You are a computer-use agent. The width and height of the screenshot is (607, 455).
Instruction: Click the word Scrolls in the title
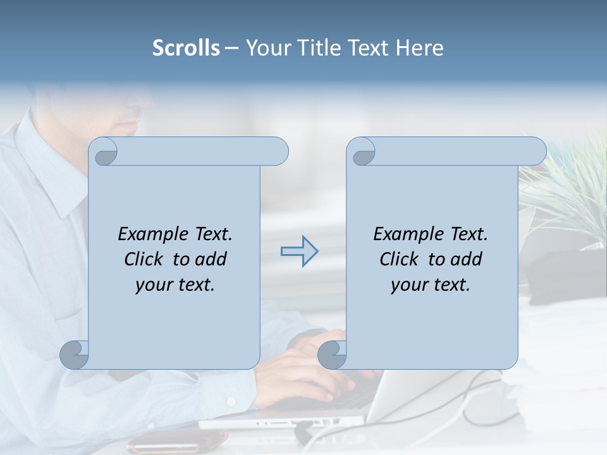tap(186, 48)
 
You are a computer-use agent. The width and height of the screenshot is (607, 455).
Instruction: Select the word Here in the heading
tap(419, 48)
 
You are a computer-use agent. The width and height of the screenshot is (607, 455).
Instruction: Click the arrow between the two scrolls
tap(300, 252)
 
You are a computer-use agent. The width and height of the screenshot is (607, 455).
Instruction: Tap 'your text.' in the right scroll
tap(430, 285)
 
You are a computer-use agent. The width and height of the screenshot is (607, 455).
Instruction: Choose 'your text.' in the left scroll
tap(175, 285)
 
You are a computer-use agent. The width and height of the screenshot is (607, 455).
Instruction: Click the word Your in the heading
tap(266, 48)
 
